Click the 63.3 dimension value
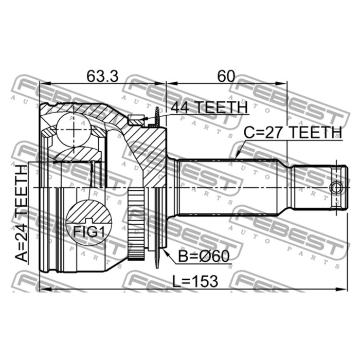(x=102, y=76)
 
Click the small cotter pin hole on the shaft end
(x=336, y=188)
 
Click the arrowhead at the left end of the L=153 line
(x=43, y=290)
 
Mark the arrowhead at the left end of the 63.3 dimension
(x=43, y=83)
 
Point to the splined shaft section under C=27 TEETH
(x=231, y=188)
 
